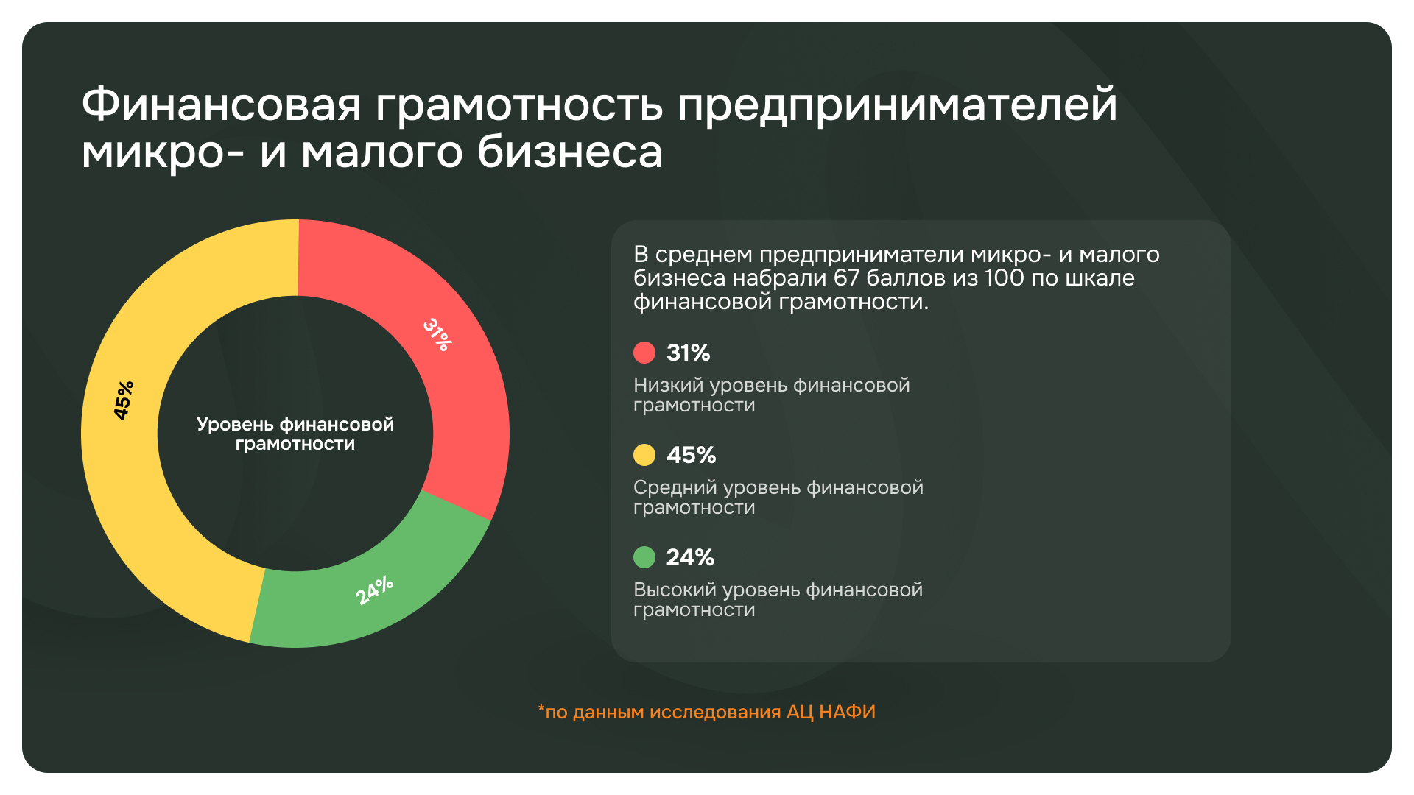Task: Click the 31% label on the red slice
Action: (437, 335)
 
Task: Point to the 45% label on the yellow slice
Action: (124, 400)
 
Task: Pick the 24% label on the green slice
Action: (375, 590)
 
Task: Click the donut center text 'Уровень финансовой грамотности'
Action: (295, 434)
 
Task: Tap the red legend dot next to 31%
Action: (644, 353)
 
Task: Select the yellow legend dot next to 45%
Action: (644, 455)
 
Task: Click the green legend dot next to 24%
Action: (644, 557)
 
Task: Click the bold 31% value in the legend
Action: (688, 353)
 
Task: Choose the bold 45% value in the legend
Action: (691, 456)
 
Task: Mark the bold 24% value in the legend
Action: (690, 558)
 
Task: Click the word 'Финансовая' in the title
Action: (221, 105)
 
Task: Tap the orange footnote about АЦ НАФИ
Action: (707, 713)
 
